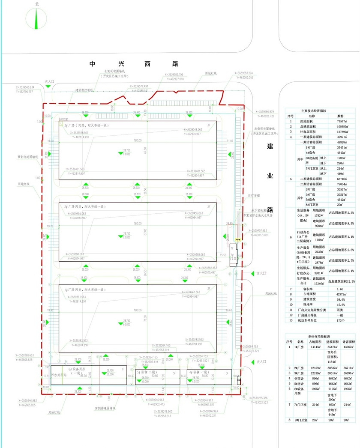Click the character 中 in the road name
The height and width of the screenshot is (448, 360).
(92, 64)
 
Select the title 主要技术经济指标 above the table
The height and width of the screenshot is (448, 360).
(319, 111)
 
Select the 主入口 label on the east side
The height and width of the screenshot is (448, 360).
(261, 273)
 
